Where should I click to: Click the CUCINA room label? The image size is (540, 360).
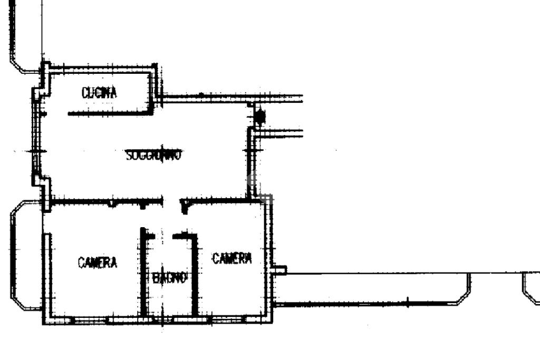point(99,93)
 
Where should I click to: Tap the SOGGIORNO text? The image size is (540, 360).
point(154,155)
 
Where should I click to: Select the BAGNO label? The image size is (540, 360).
point(170,278)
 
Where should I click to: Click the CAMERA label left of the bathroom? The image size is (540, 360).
point(98,262)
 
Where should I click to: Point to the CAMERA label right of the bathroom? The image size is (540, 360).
point(232,258)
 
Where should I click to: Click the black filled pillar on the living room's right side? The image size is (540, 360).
point(259,115)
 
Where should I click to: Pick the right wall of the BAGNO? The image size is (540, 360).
point(195,274)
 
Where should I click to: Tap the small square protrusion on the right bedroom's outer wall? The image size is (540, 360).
point(280,270)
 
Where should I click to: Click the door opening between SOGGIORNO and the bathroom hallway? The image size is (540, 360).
point(172,201)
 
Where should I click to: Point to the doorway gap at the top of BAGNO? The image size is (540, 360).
point(163,235)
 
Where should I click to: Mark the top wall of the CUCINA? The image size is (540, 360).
point(100,68)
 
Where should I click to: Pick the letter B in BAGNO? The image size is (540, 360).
point(156,278)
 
